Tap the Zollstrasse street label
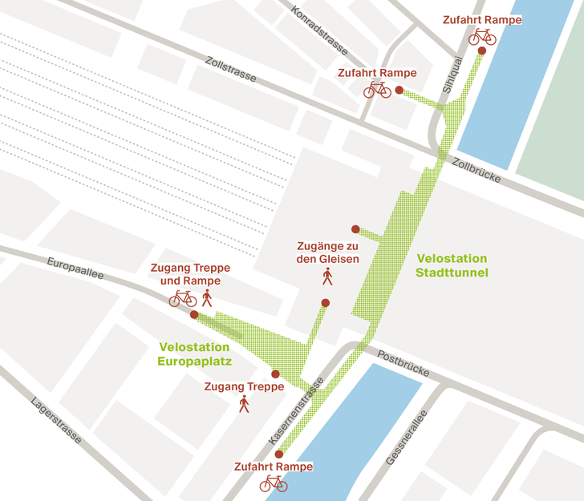click(x=229, y=70)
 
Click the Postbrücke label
click(x=404, y=365)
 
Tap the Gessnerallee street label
click(x=404, y=438)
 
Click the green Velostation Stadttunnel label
click(x=452, y=265)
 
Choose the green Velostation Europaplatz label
click(x=195, y=354)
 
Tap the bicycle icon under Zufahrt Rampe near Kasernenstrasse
click(x=274, y=483)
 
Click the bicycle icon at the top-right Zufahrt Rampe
click(x=482, y=37)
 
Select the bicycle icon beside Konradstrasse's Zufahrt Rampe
click(x=377, y=90)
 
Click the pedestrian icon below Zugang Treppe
click(x=244, y=404)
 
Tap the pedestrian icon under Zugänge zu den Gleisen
click(x=327, y=277)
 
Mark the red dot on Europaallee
click(x=194, y=315)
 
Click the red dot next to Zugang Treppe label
click(x=275, y=374)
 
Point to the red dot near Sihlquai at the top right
click(x=481, y=51)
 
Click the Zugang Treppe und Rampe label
click(x=190, y=274)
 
